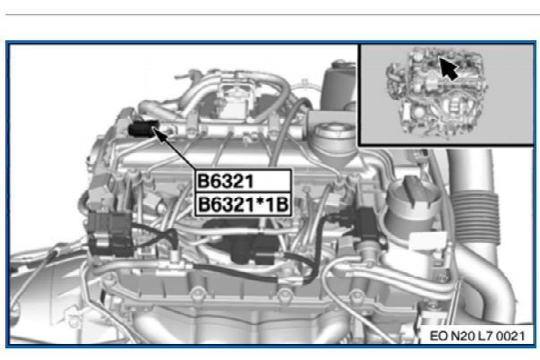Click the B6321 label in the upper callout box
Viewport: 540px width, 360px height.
coord(226,181)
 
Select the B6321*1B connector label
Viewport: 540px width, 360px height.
coord(244,205)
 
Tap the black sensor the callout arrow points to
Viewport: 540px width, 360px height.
coord(143,128)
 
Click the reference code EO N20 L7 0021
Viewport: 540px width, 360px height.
coord(477,336)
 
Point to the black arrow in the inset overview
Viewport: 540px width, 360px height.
coord(449,69)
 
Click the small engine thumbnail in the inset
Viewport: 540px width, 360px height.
coord(435,93)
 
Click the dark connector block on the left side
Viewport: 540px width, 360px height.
coord(109,233)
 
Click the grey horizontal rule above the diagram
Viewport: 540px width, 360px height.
coord(272,15)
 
